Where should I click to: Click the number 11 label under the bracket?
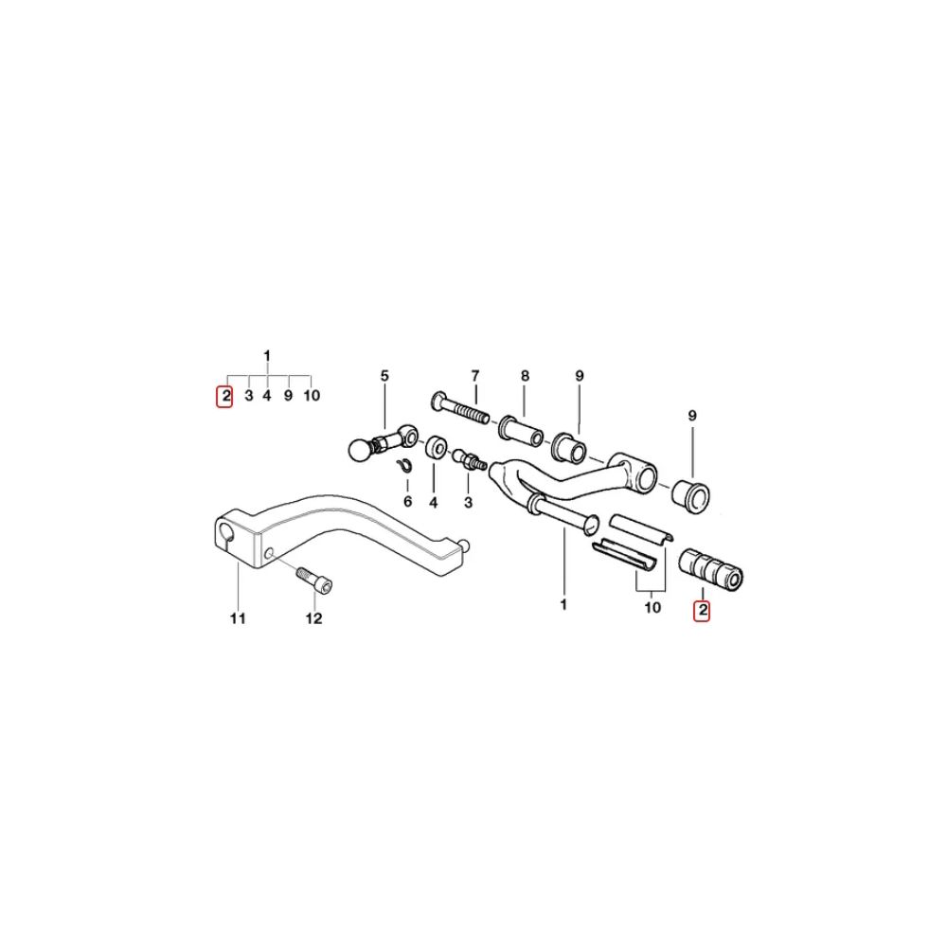tap(237, 619)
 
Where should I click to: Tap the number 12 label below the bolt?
tap(313, 619)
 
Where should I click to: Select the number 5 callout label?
tap(384, 376)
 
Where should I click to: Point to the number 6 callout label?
tap(407, 500)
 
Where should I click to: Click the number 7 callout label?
tap(475, 376)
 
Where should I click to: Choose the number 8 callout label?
tap(525, 376)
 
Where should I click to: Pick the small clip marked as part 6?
tap(402, 464)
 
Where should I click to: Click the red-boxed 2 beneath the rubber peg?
tap(702, 611)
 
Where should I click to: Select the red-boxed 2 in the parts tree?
tap(225, 396)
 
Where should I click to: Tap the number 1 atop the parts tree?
tap(268, 355)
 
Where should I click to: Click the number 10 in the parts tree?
tap(312, 396)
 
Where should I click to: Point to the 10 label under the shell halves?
tap(652, 607)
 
